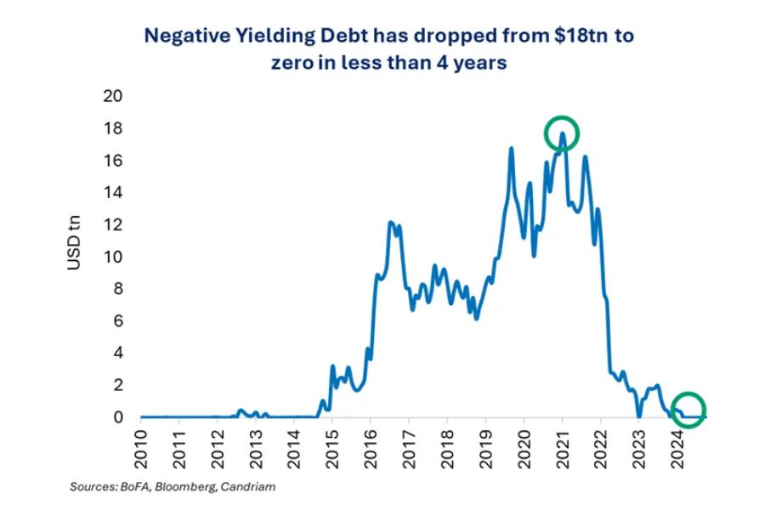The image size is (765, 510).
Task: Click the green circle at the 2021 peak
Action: [562, 133]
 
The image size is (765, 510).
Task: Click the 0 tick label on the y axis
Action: [120, 417]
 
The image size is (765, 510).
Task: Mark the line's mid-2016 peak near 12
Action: [390, 223]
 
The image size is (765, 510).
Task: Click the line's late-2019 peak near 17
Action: [512, 149]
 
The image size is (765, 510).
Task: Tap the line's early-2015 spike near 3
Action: [332, 366]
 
